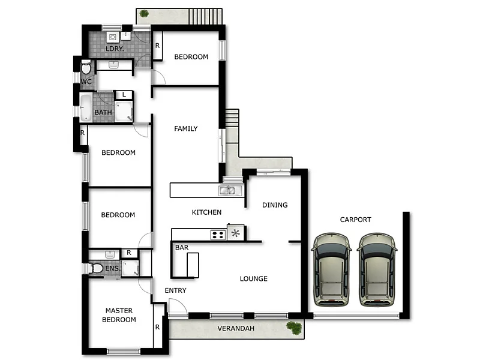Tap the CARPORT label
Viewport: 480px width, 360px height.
pos(355,220)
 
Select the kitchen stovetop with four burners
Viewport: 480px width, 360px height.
pos(218,234)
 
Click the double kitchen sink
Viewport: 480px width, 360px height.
pos(228,191)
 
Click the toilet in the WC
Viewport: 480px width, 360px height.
pos(86,67)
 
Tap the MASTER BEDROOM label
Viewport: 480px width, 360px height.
pos(119,315)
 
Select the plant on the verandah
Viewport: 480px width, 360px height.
pos(294,328)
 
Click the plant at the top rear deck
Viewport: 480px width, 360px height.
pos(144,13)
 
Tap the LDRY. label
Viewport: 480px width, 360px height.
pos(115,49)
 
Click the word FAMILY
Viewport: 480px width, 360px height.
pos(186,128)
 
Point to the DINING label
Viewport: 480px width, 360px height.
pos(275,205)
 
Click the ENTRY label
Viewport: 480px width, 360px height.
pos(175,290)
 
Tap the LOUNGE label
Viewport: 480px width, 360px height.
pos(254,278)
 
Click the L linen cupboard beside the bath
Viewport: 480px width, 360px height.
pos(124,94)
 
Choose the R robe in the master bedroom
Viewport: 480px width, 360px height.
pos(157,328)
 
